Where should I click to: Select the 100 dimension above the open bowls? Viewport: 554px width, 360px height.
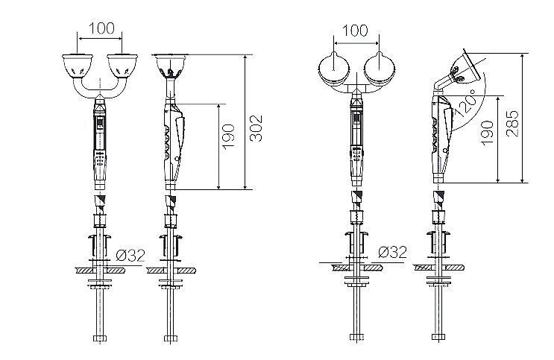[101, 29]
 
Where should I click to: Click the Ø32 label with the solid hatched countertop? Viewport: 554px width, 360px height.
[130, 255]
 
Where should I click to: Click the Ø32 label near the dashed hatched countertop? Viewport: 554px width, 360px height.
[392, 252]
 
